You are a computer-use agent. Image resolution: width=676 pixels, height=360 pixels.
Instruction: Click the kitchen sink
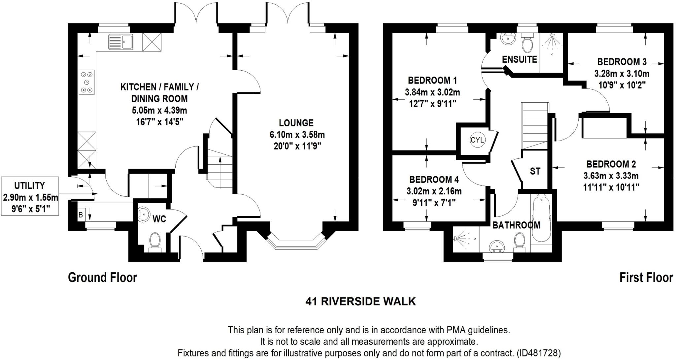pyautogui.click(x=120, y=42)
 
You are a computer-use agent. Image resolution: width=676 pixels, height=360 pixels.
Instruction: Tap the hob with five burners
pyautogui.click(x=87, y=82)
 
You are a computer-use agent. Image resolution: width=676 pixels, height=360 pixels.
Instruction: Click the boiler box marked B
pyautogui.click(x=81, y=215)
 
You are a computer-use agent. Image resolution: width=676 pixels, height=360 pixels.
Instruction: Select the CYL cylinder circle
pyautogui.click(x=477, y=140)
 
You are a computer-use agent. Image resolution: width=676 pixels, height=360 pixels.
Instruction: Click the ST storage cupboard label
pyautogui.click(x=535, y=171)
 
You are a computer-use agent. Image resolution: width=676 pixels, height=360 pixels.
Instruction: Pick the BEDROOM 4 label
pyautogui.click(x=434, y=180)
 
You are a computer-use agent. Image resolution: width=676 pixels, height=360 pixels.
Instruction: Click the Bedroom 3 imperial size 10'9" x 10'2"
pyautogui.click(x=622, y=84)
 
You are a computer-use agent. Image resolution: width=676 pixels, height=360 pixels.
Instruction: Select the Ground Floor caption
pyautogui.click(x=102, y=278)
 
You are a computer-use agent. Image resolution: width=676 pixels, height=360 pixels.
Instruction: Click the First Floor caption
pyautogui.click(x=646, y=278)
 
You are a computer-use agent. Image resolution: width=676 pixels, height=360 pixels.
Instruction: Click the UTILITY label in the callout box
pyautogui.click(x=30, y=185)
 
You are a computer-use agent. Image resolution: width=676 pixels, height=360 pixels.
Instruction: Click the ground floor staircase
pyautogui.click(x=220, y=170)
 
